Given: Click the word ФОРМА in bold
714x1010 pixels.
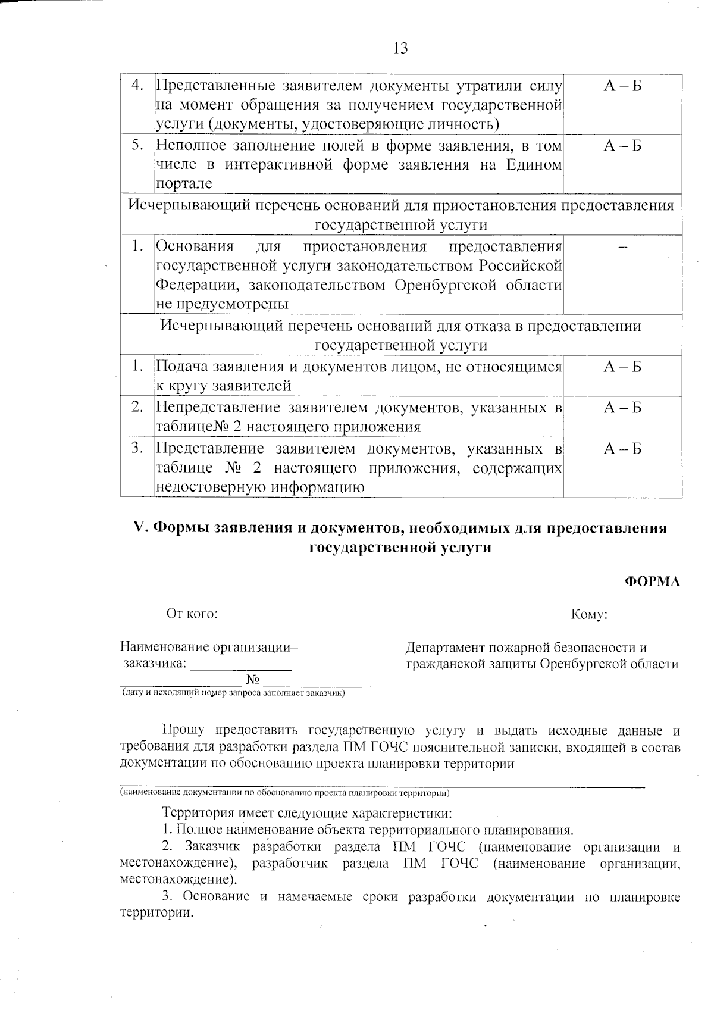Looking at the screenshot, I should point(652,581).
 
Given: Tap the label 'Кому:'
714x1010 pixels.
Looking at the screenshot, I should point(588,614).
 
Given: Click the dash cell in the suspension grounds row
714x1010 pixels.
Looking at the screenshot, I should point(622,249).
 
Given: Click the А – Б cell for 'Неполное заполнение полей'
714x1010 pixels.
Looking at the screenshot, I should point(622,146).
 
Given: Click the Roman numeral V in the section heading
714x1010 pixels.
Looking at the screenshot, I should point(140,529).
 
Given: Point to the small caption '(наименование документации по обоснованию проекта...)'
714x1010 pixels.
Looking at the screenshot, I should point(284,793).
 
